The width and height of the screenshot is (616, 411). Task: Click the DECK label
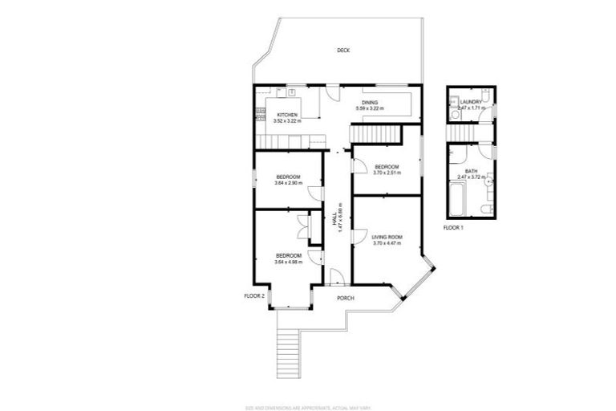pos(343,51)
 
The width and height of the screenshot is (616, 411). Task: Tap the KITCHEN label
pos(288,116)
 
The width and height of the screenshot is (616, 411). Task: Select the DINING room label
pos(370,103)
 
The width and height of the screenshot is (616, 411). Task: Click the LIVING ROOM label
pos(387,237)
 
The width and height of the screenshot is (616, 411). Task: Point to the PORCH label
pos(346,299)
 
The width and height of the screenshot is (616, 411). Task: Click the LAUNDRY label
pos(471,102)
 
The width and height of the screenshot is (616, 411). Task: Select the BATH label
pos(472,171)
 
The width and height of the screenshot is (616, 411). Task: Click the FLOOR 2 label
pos(254,296)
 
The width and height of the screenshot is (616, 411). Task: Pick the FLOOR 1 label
pos(453,228)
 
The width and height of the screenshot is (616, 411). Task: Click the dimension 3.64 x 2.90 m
pos(288,183)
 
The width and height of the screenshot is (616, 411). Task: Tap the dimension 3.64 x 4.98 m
pos(288,262)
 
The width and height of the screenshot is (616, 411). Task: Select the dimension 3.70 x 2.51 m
pos(387,173)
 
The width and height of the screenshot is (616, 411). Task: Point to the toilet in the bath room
pos(486,209)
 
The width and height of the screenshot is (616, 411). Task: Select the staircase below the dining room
pos(377,134)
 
